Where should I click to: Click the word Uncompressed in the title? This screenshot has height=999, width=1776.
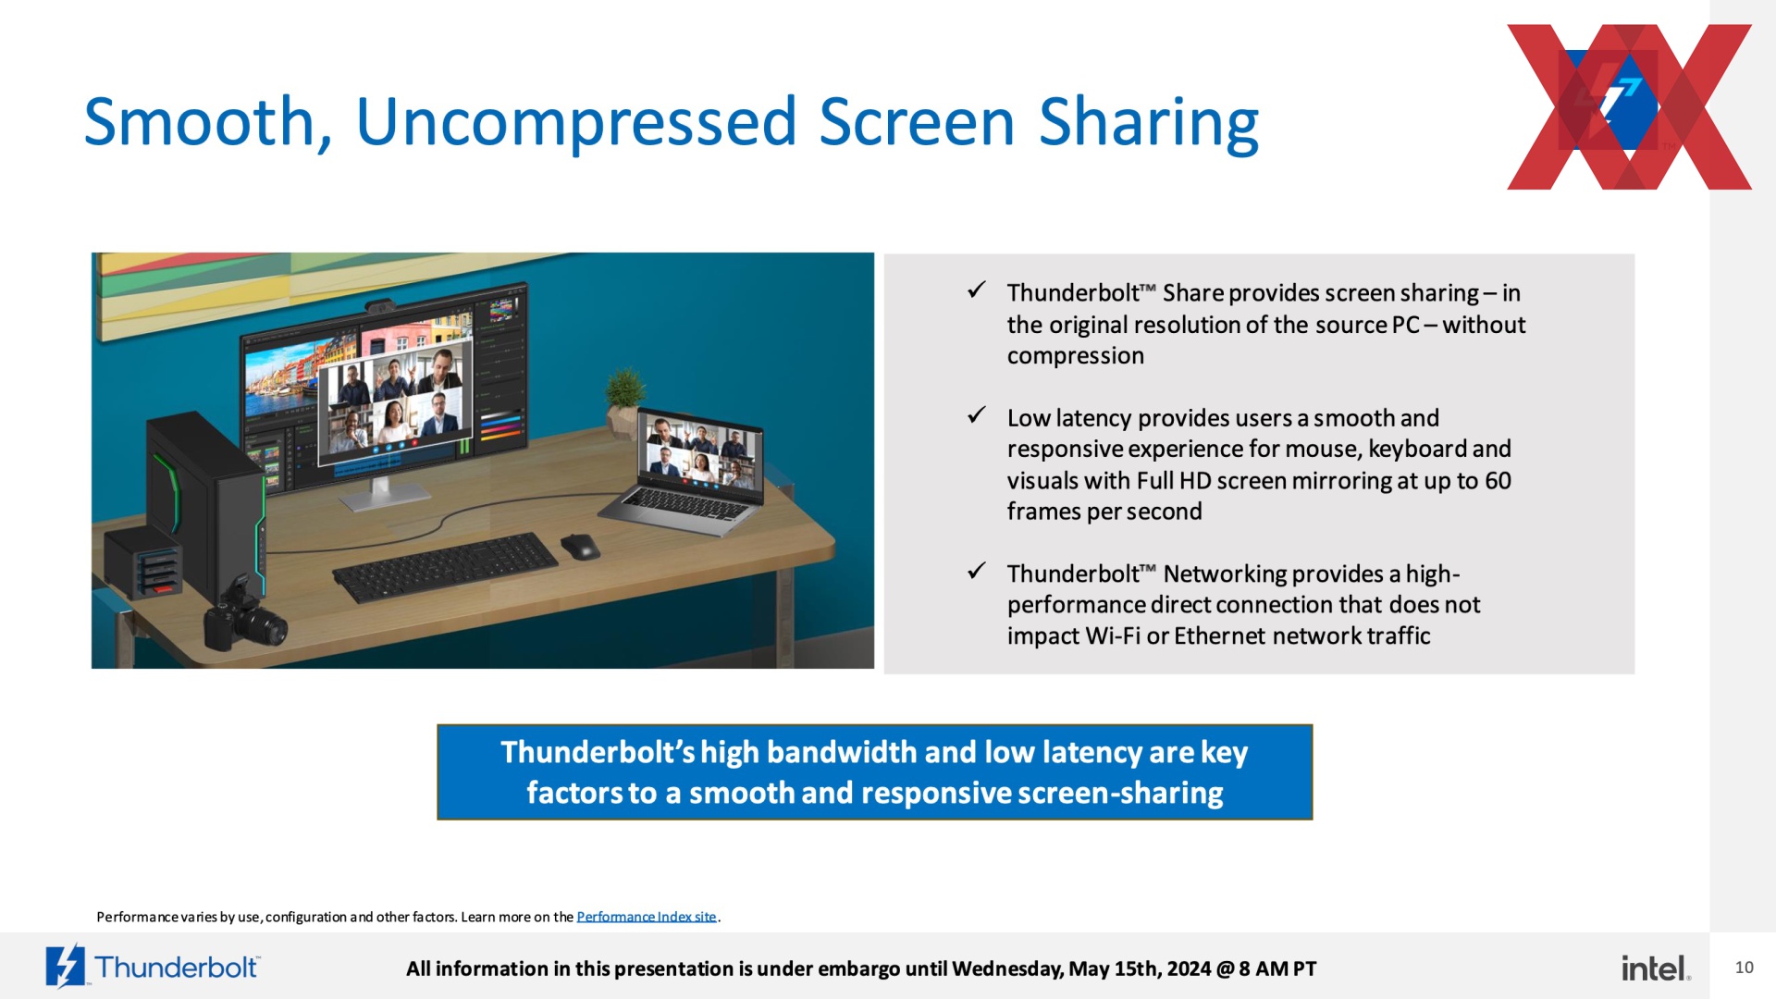575,122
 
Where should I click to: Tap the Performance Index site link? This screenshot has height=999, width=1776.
647,917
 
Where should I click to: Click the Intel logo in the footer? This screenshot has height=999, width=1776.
1656,968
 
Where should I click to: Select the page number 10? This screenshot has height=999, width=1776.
1744,968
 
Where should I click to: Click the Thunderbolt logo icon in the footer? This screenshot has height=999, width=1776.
66,967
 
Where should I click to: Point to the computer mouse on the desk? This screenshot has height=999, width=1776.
580,546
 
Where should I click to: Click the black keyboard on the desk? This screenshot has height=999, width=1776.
446,566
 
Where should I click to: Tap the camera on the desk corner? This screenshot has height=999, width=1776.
243,622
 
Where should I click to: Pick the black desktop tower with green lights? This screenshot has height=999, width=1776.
206,504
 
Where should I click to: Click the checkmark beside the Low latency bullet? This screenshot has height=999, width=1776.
976,415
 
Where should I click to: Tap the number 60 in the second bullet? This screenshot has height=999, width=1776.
1498,481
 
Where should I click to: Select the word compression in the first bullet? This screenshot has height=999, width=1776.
1075,356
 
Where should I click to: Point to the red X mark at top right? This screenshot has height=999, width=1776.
1629,106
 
